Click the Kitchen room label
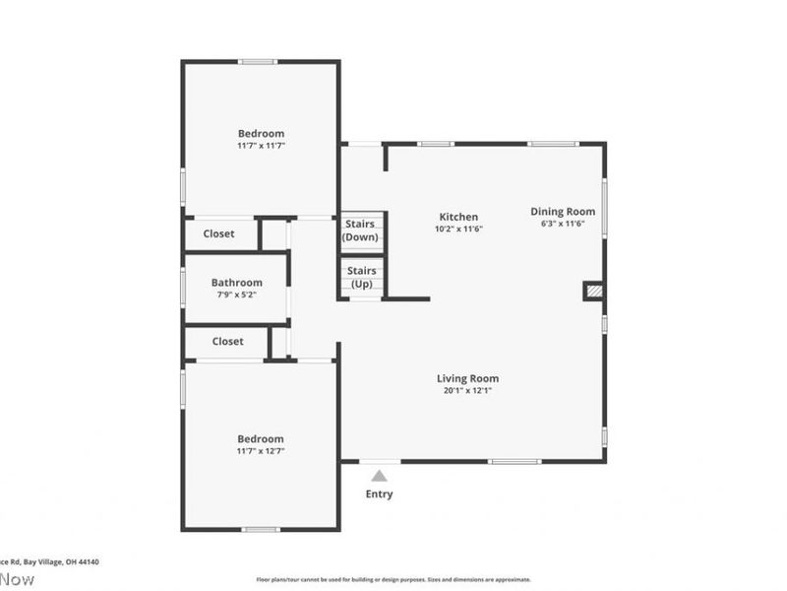(x=458, y=217)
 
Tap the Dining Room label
(x=563, y=211)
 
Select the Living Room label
(x=467, y=378)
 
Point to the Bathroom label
(x=236, y=283)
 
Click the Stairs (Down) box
(x=360, y=231)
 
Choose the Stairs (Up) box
(x=361, y=277)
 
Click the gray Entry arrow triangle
(x=379, y=476)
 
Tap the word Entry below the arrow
(x=379, y=494)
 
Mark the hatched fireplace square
(x=593, y=291)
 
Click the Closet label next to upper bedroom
(x=218, y=234)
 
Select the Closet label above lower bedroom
(x=227, y=342)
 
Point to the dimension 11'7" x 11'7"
(x=261, y=146)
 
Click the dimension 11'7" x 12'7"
(x=261, y=451)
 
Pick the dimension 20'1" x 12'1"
(x=467, y=390)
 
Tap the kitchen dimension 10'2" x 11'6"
(x=458, y=229)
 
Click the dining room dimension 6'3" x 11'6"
(x=563, y=224)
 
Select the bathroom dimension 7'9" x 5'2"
(x=236, y=295)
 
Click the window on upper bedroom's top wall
(x=258, y=62)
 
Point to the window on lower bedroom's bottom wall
(x=261, y=530)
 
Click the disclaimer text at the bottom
(x=393, y=580)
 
